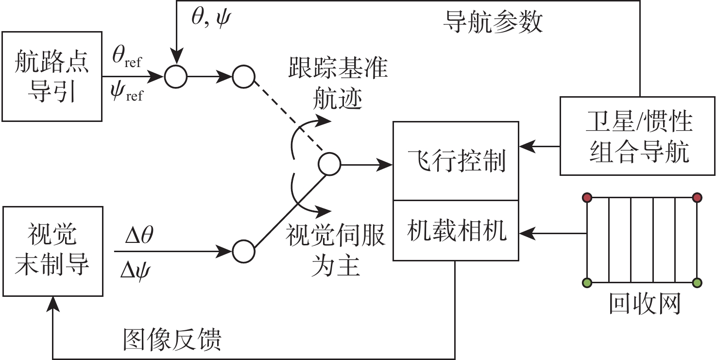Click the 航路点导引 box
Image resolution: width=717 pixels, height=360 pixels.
point(52,76)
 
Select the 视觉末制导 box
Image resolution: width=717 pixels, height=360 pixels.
point(52,251)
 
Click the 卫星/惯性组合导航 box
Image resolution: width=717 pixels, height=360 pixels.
point(638,136)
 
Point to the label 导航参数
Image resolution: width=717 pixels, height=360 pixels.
point(493,22)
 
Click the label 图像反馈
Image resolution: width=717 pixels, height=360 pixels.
point(172,340)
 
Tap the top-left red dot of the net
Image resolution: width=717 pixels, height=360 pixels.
point(587,197)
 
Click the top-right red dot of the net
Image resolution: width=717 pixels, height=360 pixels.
point(697,197)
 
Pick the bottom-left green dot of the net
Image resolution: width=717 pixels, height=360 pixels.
point(587,282)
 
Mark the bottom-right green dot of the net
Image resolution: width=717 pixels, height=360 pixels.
point(697,282)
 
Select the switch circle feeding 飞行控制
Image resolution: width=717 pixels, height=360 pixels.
point(329,164)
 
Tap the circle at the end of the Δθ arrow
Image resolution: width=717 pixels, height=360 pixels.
point(243,252)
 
